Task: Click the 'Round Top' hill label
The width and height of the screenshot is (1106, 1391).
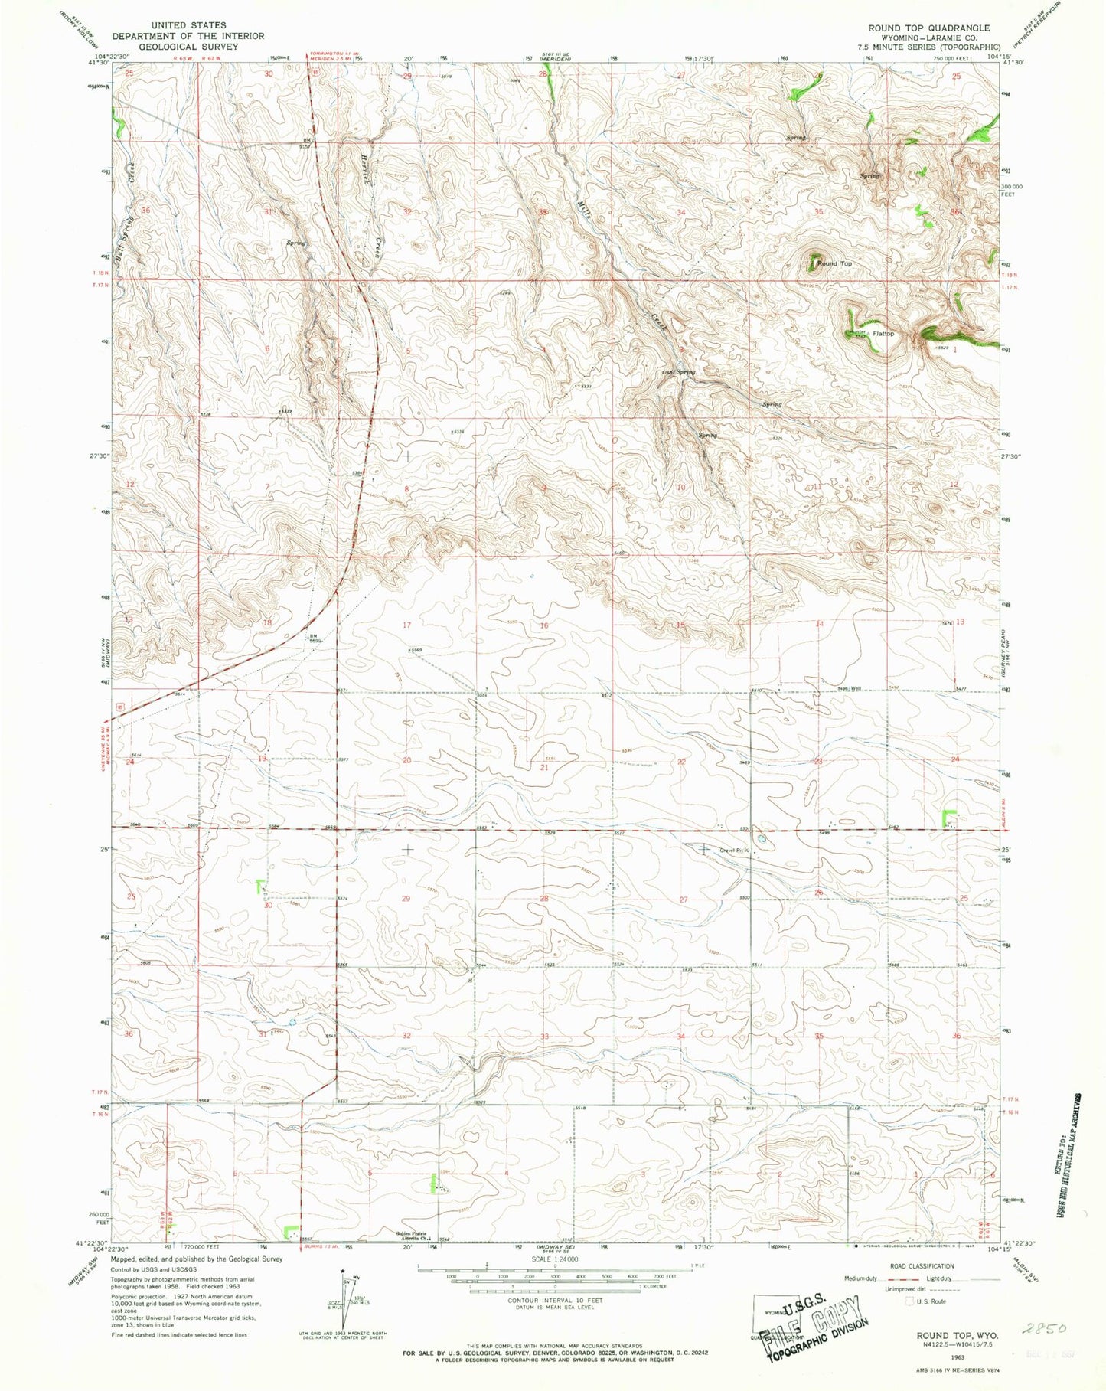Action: click(834, 263)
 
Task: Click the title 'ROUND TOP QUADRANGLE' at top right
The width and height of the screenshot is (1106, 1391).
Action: click(928, 28)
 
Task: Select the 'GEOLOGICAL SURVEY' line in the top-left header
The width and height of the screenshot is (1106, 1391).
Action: click(188, 46)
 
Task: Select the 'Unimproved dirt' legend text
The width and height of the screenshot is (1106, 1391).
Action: click(878, 1290)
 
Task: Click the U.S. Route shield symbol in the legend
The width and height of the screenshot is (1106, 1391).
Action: click(909, 1301)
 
